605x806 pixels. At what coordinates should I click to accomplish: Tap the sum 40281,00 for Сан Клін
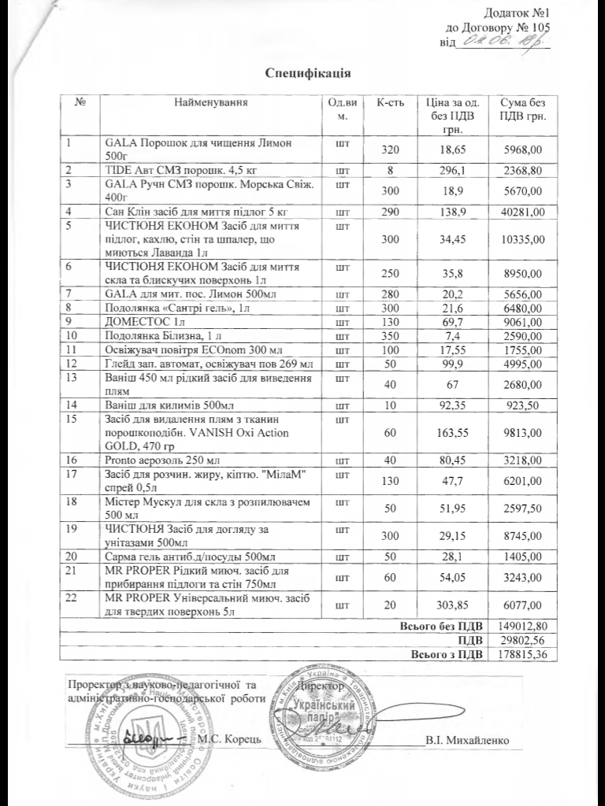coord(517,212)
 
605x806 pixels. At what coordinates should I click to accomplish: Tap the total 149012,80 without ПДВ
coord(517,625)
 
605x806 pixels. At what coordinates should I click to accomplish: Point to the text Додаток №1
coord(515,13)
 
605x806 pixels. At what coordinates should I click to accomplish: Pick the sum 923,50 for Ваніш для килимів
coord(517,405)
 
